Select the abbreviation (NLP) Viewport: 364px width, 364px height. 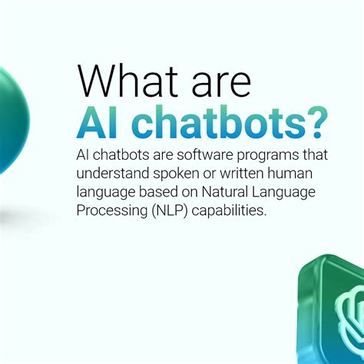pyautogui.click(x=167, y=211)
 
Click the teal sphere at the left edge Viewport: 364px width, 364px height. pyautogui.click(x=10, y=115)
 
